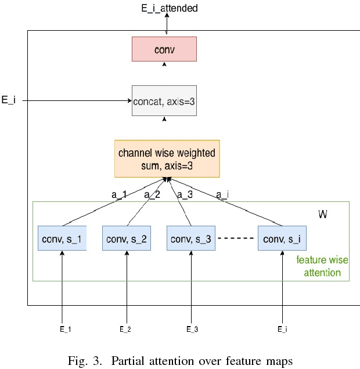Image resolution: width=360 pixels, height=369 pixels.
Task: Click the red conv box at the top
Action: [x=164, y=49]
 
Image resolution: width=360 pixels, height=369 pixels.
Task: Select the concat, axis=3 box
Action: [x=164, y=100]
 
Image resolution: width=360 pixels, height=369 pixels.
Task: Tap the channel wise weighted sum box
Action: [x=167, y=158]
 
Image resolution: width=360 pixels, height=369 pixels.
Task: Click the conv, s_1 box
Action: [x=62, y=238]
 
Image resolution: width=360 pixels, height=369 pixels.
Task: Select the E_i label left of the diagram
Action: [x=9, y=100]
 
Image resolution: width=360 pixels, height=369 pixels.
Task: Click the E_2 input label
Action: [x=125, y=329]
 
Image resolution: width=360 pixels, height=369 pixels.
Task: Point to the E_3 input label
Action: [x=192, y=329]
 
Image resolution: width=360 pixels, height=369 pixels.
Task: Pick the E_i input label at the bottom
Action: [x=282, y=329]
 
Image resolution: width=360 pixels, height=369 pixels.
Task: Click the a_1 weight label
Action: [x=118, y=196]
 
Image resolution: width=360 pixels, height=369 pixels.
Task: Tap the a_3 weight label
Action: [x=184, y=196]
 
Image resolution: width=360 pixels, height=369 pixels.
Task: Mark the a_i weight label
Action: [x=222, y=196]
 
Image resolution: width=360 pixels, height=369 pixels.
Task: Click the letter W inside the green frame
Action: [x=322, y=215]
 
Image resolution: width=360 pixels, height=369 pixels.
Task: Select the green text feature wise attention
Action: [x=319, y=266]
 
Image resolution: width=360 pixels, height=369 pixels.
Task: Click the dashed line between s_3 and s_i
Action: [x=236, y=238]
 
